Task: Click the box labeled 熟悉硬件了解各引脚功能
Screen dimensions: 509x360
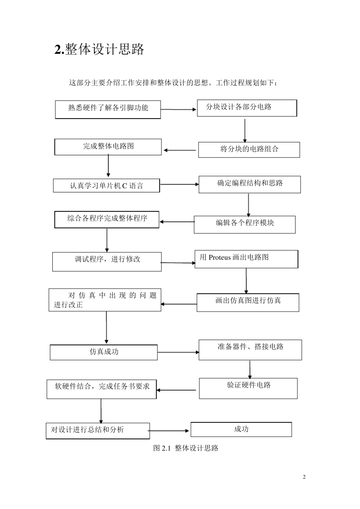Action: [108, 109]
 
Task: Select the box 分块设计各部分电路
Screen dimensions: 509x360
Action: [247, 108]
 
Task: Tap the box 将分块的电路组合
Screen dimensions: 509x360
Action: [249, 150]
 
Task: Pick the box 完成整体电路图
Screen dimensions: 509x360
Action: [108, 147]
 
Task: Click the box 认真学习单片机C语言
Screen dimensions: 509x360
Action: [106, 186]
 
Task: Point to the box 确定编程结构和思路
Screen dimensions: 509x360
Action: [250, 184]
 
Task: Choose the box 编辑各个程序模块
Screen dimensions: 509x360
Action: [244, 224]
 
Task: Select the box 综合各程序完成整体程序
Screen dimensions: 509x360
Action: [107, 219]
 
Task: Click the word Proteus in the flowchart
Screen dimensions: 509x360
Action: [219, 258]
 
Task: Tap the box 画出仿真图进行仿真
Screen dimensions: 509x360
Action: [248, 302]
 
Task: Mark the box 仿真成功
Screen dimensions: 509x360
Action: [104, 352]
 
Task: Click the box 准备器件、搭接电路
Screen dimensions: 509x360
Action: [250, 349]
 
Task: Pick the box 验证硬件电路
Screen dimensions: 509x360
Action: [248, 388]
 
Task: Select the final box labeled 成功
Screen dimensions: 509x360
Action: [241, 429]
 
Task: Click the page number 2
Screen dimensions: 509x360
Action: [304, 477]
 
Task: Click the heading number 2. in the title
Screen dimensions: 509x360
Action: [59, 50]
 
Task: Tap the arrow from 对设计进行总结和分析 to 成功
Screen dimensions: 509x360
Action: [169, 431]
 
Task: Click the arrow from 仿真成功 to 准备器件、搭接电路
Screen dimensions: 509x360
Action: [178, 353]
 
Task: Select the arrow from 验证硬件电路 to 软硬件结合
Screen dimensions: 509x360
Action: [177, 390]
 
